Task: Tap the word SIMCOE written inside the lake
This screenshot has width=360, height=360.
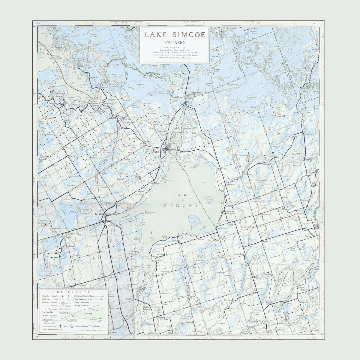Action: click(x=181, y=205)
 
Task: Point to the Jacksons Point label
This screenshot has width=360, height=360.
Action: click(x=181, y=234)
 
